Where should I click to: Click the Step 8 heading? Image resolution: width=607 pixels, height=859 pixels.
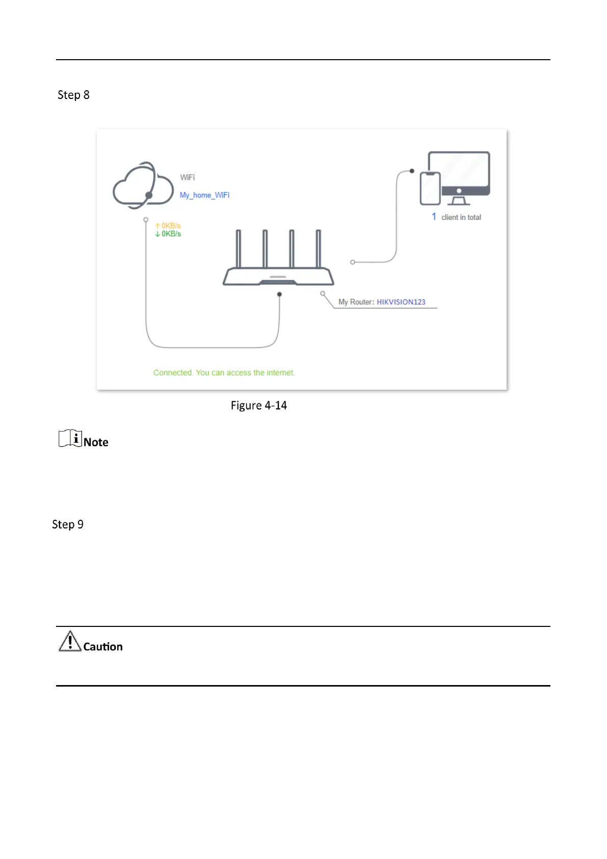(73, 95)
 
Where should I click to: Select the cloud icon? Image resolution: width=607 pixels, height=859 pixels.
(143, 186)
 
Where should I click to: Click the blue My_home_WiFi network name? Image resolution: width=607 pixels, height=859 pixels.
(205, 195)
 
